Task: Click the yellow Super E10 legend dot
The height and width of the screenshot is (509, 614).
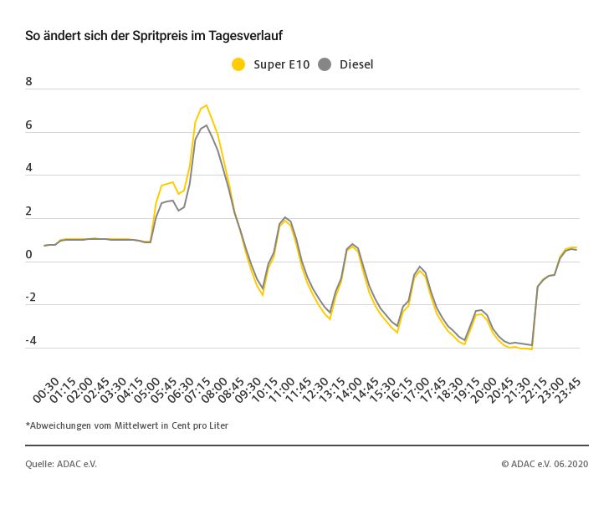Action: coord(238,64)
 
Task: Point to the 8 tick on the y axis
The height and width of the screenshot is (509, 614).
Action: coord(29,82)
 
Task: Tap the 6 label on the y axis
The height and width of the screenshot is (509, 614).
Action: coord(29,125)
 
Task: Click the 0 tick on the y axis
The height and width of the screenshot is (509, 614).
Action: coord(29,255)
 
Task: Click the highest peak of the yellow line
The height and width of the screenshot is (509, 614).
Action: coord(206,105)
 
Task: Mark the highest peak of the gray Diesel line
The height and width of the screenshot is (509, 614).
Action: coord(206,125)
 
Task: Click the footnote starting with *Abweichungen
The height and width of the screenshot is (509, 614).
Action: coord(127,425)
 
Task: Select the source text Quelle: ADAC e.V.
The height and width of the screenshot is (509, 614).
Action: coord(61,464)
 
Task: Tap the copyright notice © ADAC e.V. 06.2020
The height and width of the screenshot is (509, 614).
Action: coord(545,464)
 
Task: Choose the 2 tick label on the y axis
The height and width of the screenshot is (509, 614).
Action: coord(29,211)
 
